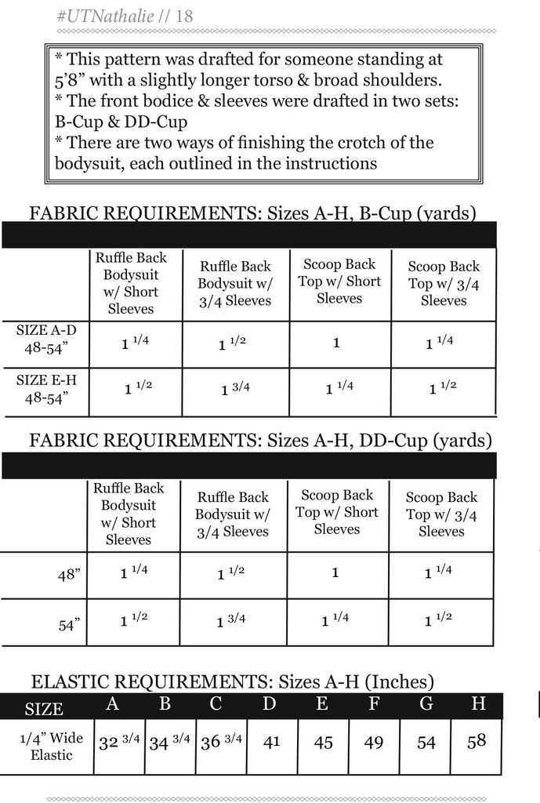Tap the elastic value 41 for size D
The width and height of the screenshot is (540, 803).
(x=272, y=741)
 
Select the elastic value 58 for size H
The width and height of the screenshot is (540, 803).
(x=477, y=741)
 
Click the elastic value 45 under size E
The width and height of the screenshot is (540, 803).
(x=324, y=742)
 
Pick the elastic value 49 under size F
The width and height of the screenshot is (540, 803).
(x=374, y=742)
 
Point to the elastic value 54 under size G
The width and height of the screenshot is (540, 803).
(x=426, y=742)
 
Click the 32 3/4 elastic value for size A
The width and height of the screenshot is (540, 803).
(x=119, y=742)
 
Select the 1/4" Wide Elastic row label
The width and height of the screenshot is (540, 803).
(x=51, y=746)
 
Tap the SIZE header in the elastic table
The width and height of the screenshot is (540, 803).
(x=44, y=709)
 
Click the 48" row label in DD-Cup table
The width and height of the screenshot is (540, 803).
(x=69, y=576)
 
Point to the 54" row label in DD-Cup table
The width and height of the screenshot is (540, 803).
(x=69, y=625)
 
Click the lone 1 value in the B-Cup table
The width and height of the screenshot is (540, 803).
(x=336, y=343)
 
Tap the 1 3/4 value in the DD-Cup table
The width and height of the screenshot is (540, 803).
(x=232, y=621)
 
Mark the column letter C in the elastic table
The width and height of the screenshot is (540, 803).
(x=216, y=703)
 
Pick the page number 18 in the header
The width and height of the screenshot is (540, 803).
(x=185, y=16)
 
